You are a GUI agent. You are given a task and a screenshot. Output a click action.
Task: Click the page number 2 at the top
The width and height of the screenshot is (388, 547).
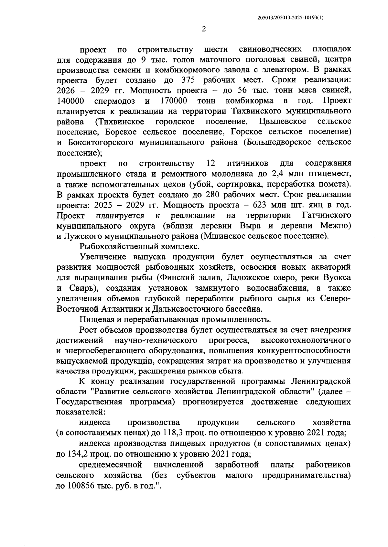(203, 29)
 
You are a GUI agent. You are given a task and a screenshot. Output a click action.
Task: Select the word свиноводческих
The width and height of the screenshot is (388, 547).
(271, 49)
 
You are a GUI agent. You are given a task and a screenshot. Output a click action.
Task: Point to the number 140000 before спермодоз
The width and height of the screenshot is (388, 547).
(70, 101)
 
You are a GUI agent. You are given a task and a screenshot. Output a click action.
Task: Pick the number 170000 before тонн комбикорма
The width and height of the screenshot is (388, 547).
(174, 101)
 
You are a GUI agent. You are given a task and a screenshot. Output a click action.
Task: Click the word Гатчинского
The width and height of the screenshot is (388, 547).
(327, 215)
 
